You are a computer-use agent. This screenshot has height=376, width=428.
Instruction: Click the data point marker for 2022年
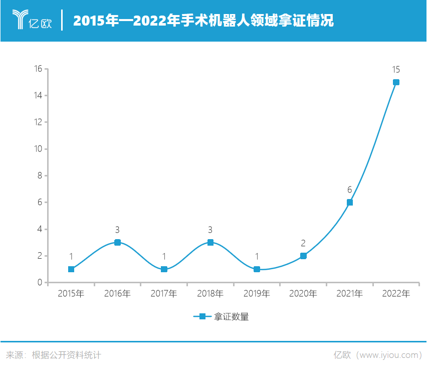tap(396, 82)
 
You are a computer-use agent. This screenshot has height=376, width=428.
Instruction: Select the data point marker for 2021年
tap(350, 203)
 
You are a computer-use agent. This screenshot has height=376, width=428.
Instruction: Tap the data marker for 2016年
tap(117, 242)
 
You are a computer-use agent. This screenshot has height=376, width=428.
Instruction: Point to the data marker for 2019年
tap(257, 269)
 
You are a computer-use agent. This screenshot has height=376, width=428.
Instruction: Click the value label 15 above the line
tap(396, 70)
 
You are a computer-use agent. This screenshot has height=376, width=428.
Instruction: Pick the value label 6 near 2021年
tap(350, 190)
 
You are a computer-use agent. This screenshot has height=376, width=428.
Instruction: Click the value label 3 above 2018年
tap(210, 230)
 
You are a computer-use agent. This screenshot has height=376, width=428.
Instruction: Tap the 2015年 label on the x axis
tap(71, 294)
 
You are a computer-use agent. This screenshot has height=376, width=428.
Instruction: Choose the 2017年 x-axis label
tap(164, 294)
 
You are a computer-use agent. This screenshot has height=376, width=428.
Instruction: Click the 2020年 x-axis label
tap(303, 294)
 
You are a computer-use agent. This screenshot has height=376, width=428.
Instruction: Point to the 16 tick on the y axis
tap(38, 69)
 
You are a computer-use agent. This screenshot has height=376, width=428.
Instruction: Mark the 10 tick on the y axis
tap(38, 149)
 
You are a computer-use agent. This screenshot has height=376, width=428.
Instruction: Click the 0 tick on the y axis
tap(40, 283)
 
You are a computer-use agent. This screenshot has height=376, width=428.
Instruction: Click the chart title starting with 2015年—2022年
tap(203, 21)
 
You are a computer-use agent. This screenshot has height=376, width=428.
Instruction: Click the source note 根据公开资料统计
tap(66, 355)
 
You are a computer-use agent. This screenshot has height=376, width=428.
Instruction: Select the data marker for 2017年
tap(164, 269)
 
